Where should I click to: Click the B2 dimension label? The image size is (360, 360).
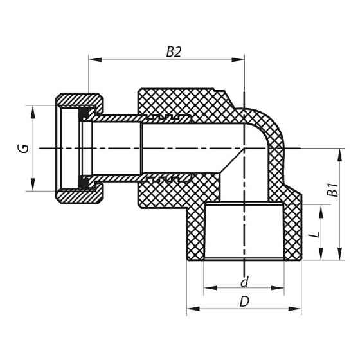click(x=174, y=52)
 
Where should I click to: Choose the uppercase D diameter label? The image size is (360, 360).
click(x=244, y=301)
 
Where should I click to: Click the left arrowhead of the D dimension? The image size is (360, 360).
click(x=191, y=310)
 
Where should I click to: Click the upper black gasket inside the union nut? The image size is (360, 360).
click(x=85, y=116)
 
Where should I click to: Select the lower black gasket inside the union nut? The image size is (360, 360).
click(x=85, y=181)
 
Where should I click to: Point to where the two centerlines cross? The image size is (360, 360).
click(x=244, y=148)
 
